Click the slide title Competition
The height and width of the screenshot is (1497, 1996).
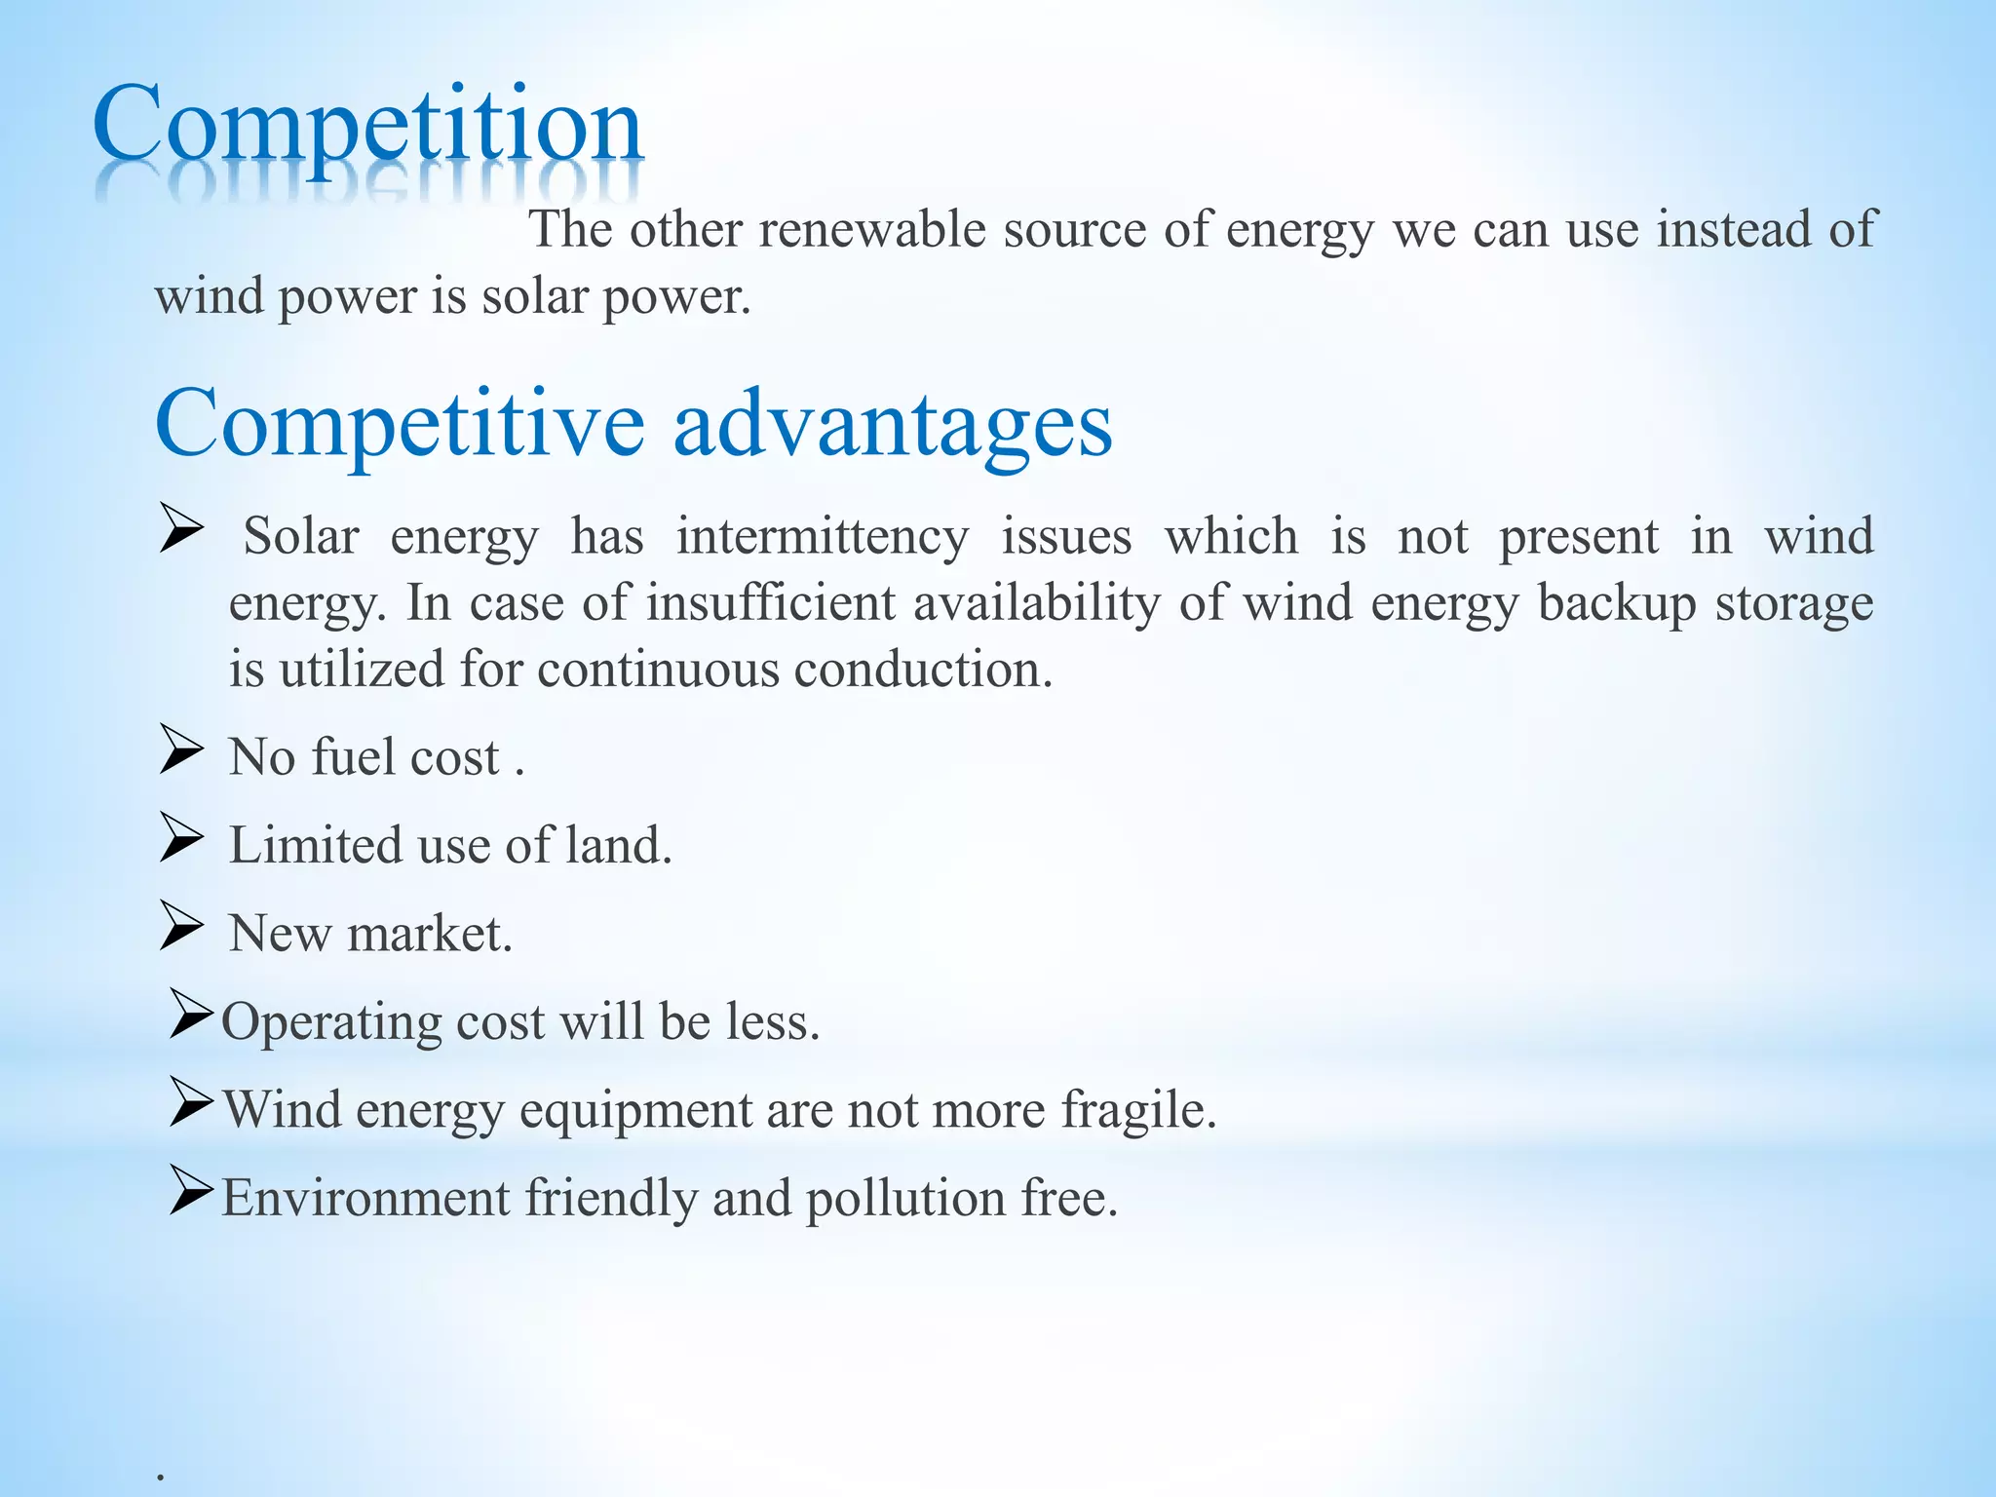tap(367, 127)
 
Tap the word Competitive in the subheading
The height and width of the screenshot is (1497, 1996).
tap(400, 424)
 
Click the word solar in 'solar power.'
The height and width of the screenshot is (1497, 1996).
tap(534, 296)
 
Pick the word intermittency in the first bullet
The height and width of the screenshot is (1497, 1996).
tap(823, 537)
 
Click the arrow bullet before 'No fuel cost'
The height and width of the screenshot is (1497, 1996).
tap(181, 750)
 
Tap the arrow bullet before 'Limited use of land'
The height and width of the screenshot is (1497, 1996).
tap(181, 838)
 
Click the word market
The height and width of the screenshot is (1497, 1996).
tap(429, 934)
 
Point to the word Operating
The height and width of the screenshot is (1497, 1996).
tap(331, 1023)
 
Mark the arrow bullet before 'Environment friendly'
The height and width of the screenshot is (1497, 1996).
tap(189, 1190)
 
